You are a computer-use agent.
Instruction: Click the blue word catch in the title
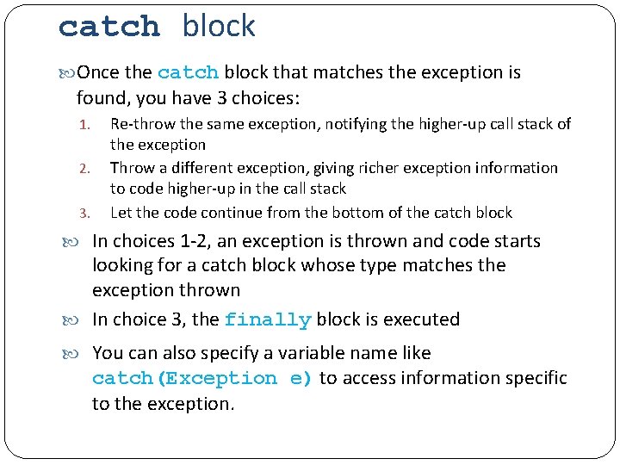pos(109,27)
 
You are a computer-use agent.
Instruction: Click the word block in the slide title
pos(219,27)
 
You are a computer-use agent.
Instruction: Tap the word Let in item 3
pos(121,212)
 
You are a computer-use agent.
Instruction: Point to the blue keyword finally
pos(267,320)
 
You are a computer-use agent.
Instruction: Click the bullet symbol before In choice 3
pos(82,320)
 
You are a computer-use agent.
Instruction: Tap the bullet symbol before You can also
pos(82,353)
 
